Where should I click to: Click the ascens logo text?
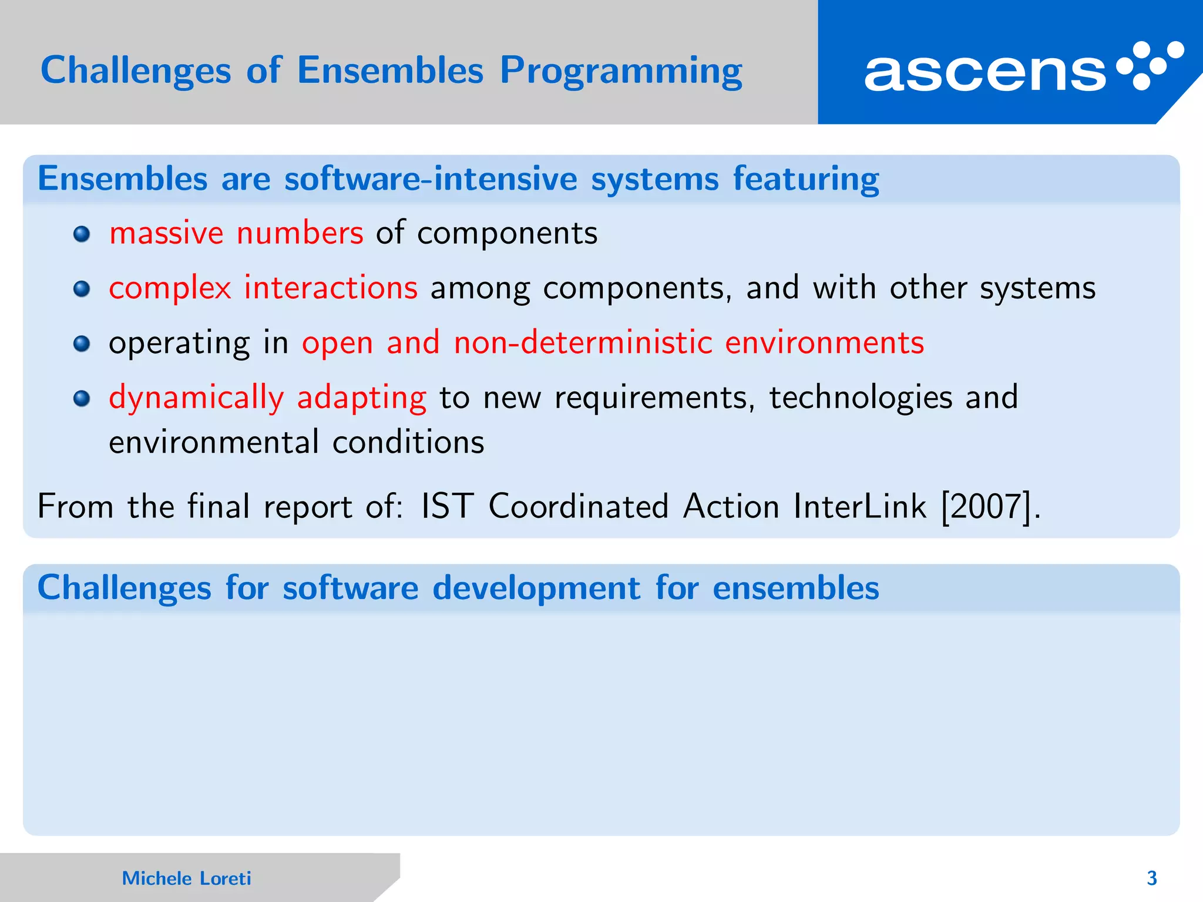click(985, 73)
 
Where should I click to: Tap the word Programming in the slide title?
click(621, 71)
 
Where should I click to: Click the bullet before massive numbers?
click(82, 234)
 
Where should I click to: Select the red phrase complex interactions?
click(263, 288)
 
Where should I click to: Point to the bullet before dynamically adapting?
click(82, 399)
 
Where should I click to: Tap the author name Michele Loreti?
click(186, 878)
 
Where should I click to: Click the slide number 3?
click(1151, 878)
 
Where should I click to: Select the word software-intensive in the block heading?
click(431, 179)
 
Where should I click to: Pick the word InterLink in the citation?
click(859, 506)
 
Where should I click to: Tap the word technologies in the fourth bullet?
click(861, 398)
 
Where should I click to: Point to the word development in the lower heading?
click(536, 588)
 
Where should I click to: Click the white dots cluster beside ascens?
click(1150, 65)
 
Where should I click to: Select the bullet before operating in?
click(82, 344)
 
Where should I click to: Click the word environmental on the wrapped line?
click(214, 442)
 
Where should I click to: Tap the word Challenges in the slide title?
click(136, 71)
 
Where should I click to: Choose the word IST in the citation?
click(447, 506)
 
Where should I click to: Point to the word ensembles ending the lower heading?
click(795, 588)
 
